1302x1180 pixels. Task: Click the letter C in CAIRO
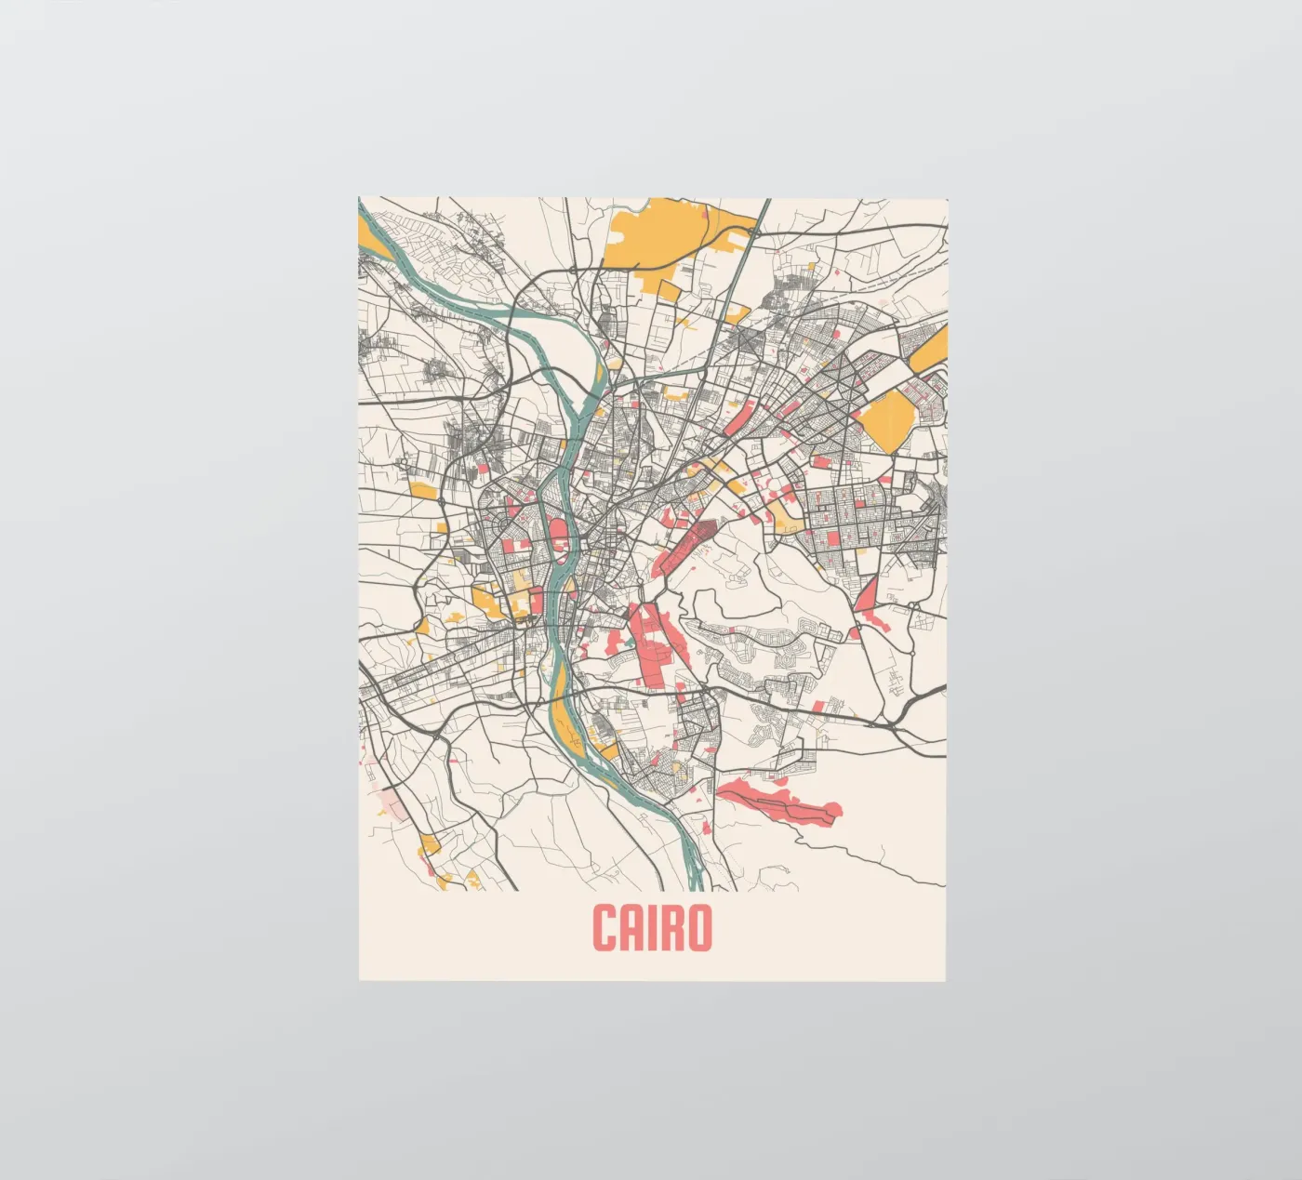(x=607, y=928)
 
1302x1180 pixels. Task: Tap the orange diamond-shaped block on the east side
(x=888, y=418)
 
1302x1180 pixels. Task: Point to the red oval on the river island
(x=559, y=535)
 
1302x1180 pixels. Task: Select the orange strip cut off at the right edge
(x=930, y=350)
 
